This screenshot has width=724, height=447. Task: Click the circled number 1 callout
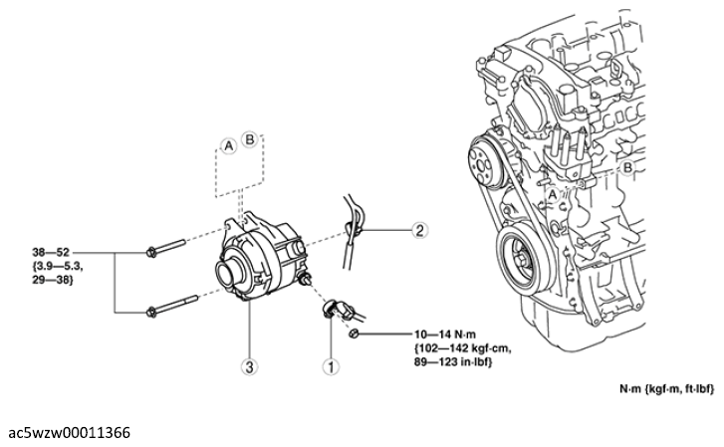pyautogui.click(x=331, y=367)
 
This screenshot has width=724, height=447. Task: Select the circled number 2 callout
pyautogui.click(x=419, y=230)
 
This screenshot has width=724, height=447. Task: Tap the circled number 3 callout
pyautogui.click(x=249, y=367)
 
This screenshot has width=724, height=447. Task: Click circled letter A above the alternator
pyautogui.click(x=228, y=146)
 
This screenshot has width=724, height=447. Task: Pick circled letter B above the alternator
pyautogui.click(x=249, y=139)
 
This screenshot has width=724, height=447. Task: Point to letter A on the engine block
pyautogui.click(x=553, y=195)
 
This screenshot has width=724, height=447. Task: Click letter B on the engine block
pyautogui.click(x=627, y=167)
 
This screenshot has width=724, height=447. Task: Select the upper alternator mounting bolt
pyautogui.click(x=165, y=248)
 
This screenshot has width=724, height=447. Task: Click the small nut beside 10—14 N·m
pyautogui.click(x=354, y=334)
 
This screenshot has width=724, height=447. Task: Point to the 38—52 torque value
pyautogui.click(x=51, y=252)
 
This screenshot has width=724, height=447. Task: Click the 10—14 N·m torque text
pyautogui.click(x=445, y=334)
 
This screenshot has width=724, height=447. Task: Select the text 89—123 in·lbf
pyautogui.click(x=453, y=362)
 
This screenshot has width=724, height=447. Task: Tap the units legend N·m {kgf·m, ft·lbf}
pyautogui.click(x=666, y=389)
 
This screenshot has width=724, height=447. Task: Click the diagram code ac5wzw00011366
pyautogui.click(x=70, y=433)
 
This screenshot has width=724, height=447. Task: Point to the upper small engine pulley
pyautogui.click(x=486, y=161)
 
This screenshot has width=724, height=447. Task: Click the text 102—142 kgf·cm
pyautogui.click(x=463, y=347)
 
